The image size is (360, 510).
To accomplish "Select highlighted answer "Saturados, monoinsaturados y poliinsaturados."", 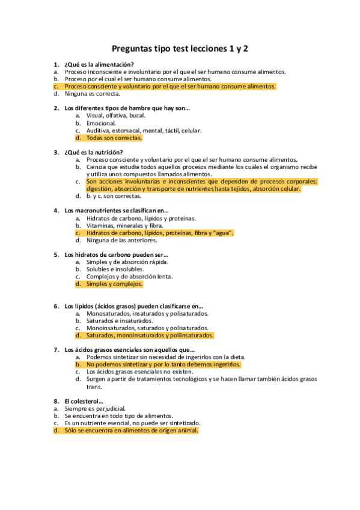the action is (x=150, y=336).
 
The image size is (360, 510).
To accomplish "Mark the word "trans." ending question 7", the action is (x=95, y=387).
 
